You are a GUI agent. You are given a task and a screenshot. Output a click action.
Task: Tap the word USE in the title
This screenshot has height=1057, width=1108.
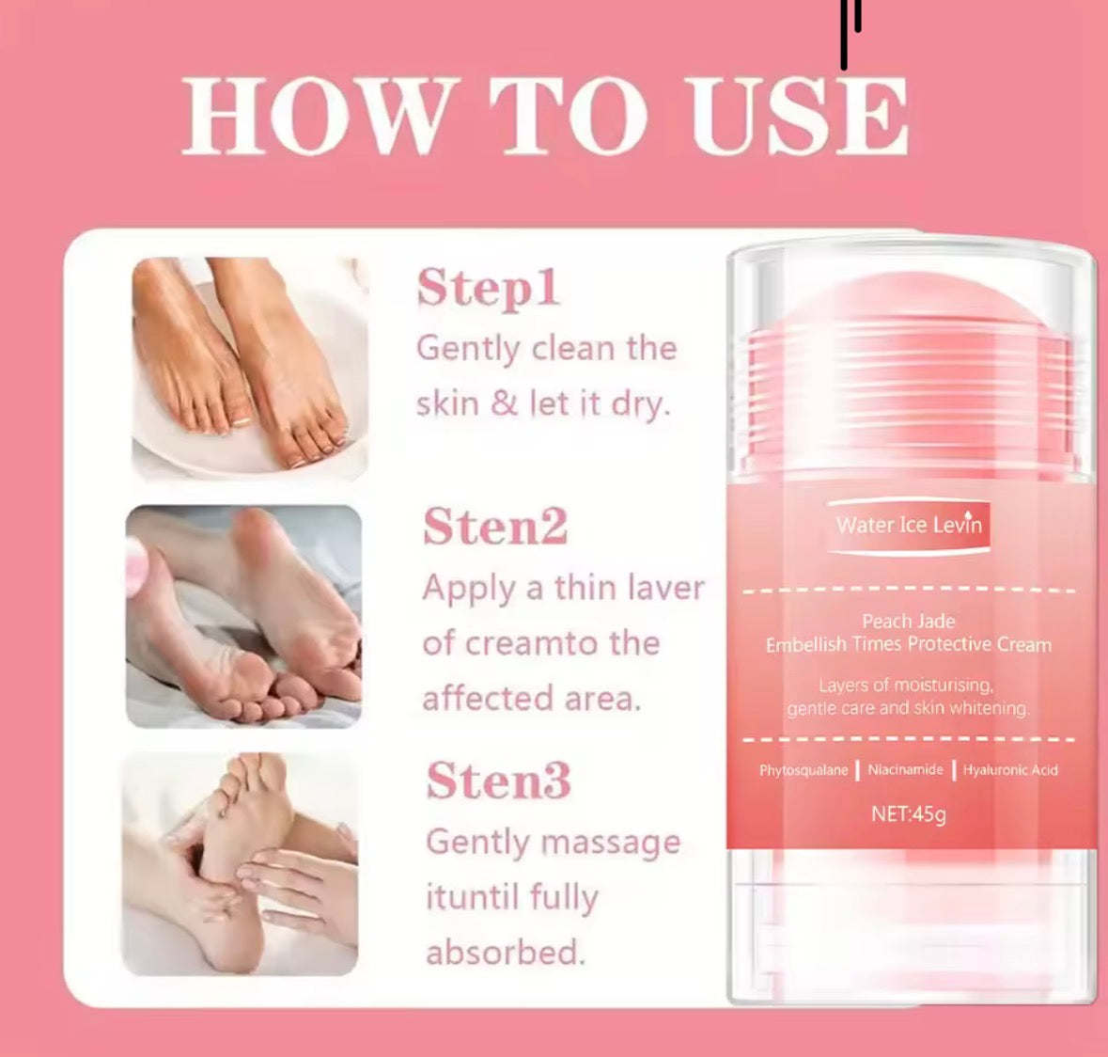click(x=799, y=116)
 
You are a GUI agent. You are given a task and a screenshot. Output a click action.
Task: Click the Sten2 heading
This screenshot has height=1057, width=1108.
click(x=494, y=527)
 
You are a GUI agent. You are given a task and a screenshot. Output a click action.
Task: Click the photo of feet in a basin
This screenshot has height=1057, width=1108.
click(x=249, y=369)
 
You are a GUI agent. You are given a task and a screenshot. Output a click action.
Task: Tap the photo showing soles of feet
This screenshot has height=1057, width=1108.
click(x=243, y=617)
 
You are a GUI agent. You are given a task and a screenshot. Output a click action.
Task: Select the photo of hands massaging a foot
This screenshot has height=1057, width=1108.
click(x=240, y=864)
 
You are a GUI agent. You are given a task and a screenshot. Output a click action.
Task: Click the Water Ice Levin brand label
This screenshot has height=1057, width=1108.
click(x=909, y=526)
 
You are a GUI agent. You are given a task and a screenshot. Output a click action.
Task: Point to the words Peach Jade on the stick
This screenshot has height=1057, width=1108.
click(x=908, y=622)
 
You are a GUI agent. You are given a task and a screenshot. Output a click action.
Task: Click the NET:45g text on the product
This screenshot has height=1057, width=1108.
click(x=908, y=814)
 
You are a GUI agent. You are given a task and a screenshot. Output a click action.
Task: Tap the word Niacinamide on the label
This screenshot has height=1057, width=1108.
click(x=905, y=770)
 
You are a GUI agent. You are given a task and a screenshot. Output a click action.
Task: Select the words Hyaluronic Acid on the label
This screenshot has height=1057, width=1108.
click(x=1009, y=771)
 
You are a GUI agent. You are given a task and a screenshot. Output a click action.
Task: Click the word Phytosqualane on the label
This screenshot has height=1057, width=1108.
click(x=804, y=771)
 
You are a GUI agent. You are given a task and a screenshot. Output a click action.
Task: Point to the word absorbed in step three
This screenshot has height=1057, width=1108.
click(x=506, y=953)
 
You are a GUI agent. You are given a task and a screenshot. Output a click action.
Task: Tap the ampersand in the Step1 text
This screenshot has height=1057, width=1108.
click(x=504, y=403)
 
